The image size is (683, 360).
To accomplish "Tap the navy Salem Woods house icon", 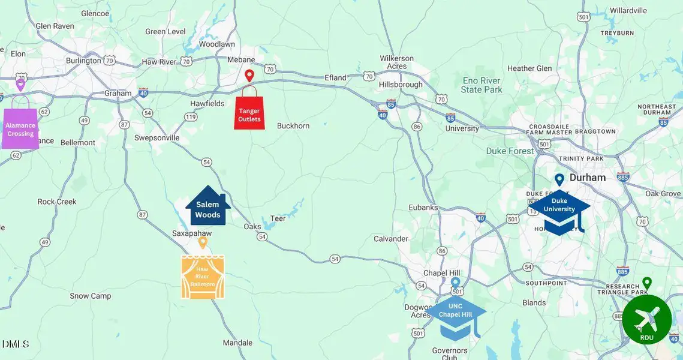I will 207,207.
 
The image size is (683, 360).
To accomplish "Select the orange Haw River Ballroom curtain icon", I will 203,277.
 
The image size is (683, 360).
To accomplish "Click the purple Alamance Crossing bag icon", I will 20,128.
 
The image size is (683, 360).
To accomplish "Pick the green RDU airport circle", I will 646,319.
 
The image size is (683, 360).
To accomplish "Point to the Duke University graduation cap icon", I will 559,212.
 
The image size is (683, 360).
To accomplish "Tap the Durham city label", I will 587,178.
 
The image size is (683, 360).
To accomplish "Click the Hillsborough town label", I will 401,85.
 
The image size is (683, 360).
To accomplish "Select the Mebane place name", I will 241,60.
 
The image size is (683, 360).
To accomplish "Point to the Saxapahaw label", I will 192,233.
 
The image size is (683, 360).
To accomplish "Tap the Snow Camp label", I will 91,296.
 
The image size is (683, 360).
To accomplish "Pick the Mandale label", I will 237,343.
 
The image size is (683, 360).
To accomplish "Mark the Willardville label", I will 628,10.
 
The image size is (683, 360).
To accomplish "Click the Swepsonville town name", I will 157,137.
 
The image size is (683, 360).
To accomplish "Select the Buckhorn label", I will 293,126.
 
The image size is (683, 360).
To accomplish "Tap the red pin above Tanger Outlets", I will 249,76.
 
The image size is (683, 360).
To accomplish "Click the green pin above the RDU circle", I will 646,283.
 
